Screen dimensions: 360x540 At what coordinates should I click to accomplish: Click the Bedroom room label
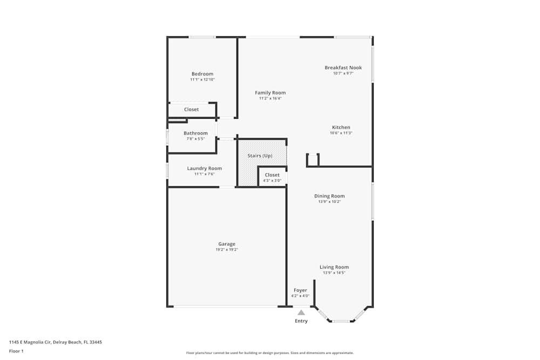point(202,74)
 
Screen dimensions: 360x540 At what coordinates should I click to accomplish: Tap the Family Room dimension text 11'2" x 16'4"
point(270,99)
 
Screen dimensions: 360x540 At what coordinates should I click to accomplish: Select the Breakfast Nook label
point(343,67)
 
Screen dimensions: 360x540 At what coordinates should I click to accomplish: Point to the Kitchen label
point(341,127)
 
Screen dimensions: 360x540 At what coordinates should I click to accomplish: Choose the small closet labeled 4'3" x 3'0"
point(272,177)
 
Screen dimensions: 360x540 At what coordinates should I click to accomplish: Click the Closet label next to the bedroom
point(192,110)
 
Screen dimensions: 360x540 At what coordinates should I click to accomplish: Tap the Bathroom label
point(195,133)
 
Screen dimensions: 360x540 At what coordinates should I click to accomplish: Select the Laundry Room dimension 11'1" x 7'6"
point(204,174)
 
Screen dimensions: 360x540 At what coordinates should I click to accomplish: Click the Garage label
point(227,244)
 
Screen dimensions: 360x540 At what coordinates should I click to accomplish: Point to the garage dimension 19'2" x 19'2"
point(227,250)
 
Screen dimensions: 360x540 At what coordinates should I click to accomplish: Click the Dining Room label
point(329,196)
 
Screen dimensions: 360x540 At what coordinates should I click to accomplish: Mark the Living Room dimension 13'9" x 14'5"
point(334,273)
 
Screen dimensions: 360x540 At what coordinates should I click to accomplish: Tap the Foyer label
point(300,290)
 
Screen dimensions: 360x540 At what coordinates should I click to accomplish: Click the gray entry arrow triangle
point(301,313)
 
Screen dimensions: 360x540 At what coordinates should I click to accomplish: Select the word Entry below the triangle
point(301,321)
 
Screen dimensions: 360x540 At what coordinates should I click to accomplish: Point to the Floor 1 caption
point(16,351)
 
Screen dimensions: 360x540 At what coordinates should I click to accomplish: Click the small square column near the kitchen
point(313,160)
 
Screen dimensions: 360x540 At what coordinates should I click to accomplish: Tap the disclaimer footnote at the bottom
point(270,353)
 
